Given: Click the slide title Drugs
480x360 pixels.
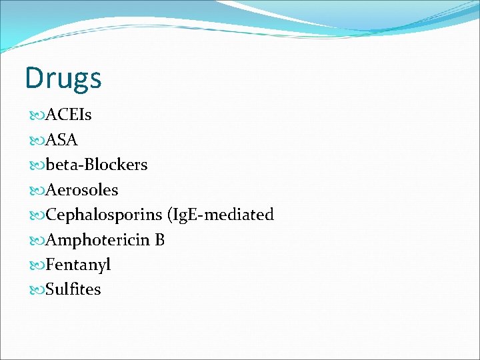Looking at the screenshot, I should tap(63, 79).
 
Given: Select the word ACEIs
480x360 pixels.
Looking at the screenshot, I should tap(69, 115).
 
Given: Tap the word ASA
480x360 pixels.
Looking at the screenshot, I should tap(61, 140).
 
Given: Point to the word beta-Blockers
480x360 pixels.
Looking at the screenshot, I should tap(97, 165).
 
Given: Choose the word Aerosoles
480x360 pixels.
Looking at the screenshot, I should tap(81, 190).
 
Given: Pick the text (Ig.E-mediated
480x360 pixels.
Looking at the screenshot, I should tap(221, 215).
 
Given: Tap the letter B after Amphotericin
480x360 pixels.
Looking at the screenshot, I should tap(159, 240).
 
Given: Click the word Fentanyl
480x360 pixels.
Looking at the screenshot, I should tap(78, 265).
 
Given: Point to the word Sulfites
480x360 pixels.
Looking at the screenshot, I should tap(73, 289).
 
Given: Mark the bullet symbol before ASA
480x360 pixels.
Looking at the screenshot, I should tap(37, 141).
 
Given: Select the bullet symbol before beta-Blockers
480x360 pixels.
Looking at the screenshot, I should tap(37, 165).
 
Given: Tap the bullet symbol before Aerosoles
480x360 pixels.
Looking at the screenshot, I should tap(37, 191).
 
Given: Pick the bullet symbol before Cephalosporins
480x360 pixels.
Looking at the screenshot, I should tap(37, 215).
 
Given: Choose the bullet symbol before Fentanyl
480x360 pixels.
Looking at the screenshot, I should tap(37, 265).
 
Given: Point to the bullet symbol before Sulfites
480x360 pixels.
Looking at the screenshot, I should tap(37, 290).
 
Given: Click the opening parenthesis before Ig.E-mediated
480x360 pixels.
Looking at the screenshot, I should tap(170, 215).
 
